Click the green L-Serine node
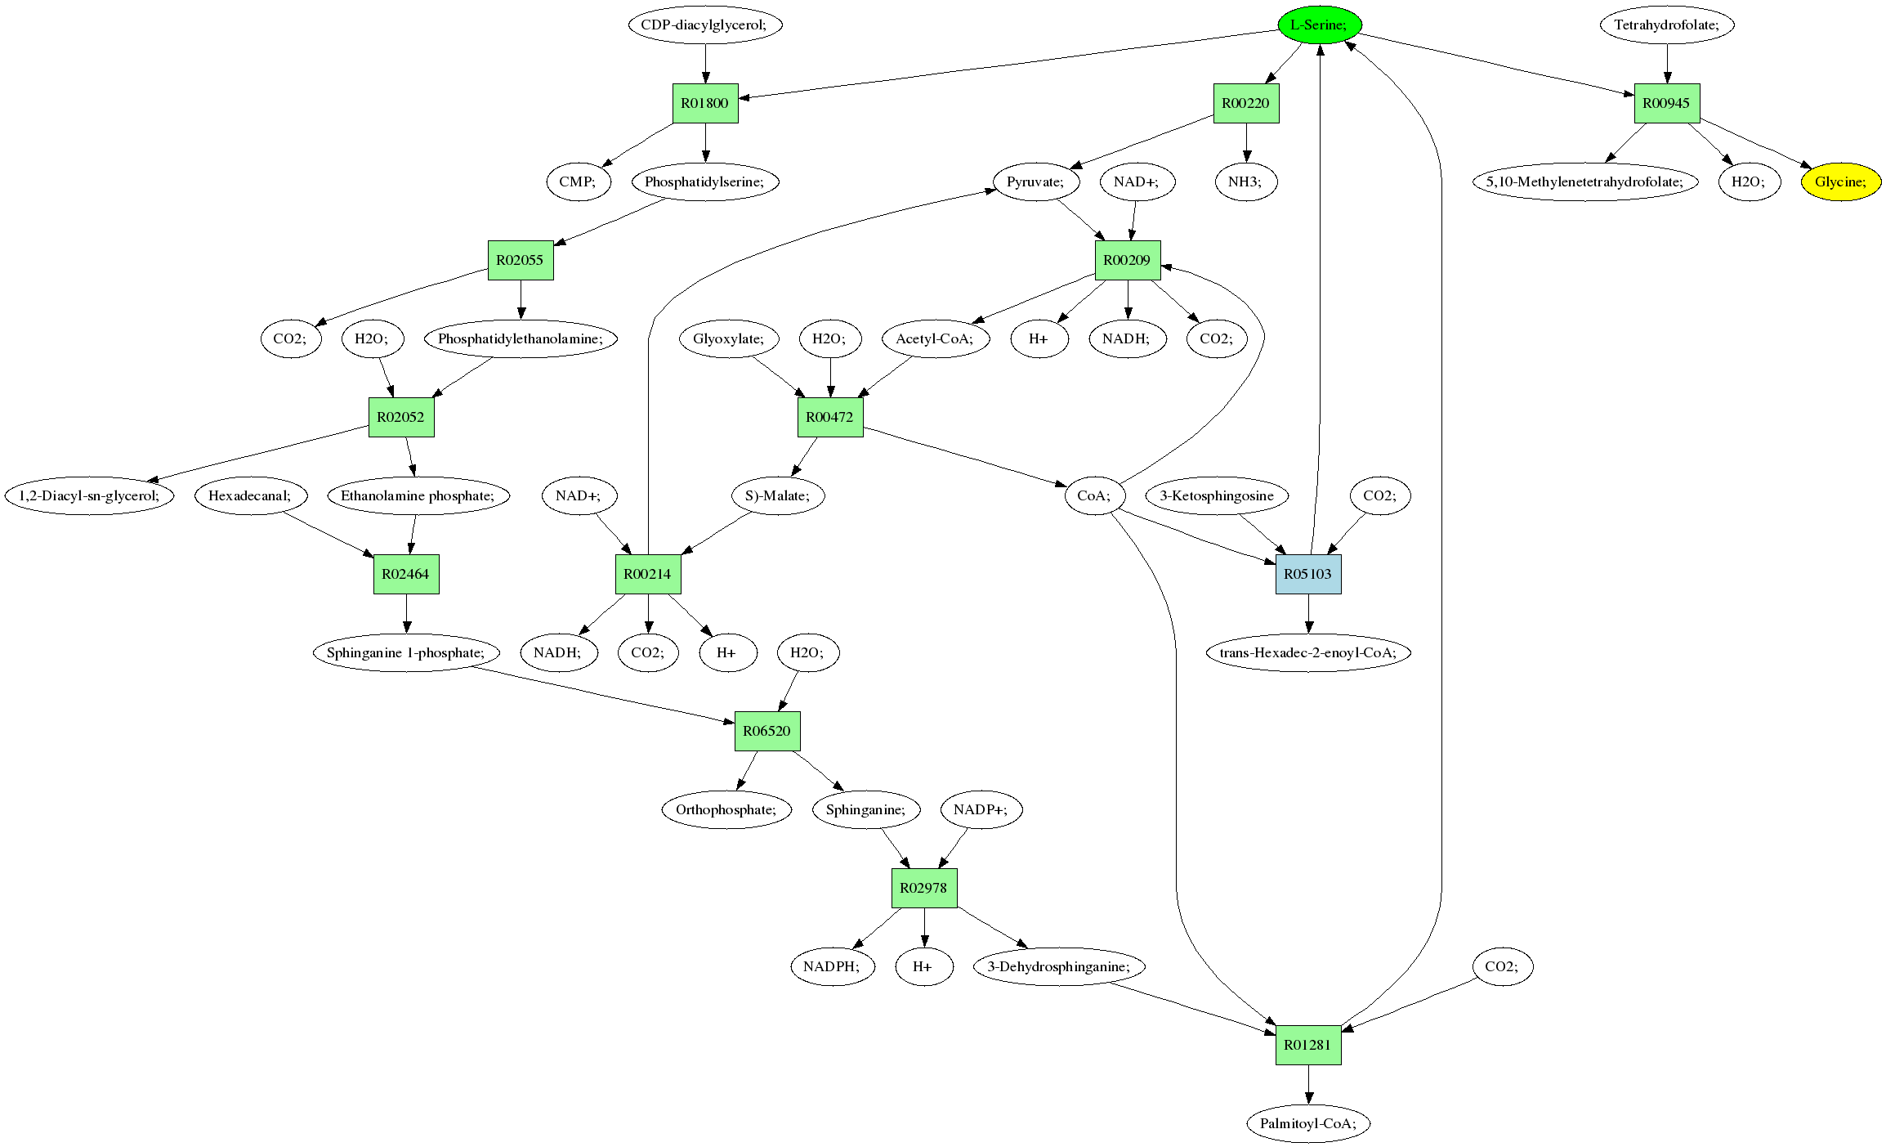click(1319, 25)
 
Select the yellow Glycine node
click(1840, 181)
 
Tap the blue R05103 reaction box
click(1307, 574)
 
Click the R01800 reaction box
click(705, 103)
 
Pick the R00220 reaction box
click(1245, 103)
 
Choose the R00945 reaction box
click(1666, 103)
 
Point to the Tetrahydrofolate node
click(1666, 25)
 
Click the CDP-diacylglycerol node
click(705, 25)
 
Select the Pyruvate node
click(1035, 181)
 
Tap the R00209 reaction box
click(1127, 260)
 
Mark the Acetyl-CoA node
click(935, 338)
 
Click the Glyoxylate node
click(729, 338)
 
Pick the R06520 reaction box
click(766, 731)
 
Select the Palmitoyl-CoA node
click(1307, 1123)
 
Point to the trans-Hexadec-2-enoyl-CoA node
click(1307, 652)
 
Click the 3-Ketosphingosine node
click(1217, 495)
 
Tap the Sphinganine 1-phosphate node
click(405, 652)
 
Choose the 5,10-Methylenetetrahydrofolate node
click(1584, 181)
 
